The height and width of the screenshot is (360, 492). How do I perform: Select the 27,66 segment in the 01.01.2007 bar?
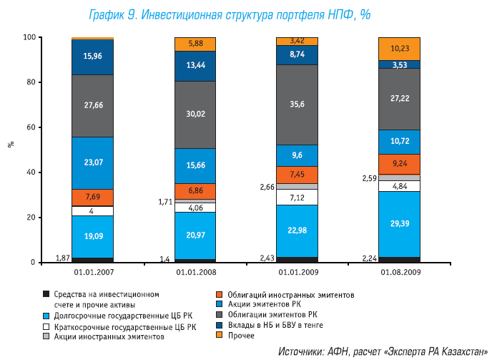93,105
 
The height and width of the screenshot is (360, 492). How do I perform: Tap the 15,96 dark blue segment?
93,57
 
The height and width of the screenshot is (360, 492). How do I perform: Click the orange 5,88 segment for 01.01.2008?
196,44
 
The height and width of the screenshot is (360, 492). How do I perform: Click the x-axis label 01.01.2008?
196,273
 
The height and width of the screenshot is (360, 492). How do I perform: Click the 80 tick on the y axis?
29,82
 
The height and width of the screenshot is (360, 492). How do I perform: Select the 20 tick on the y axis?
29,218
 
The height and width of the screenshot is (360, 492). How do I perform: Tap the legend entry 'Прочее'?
241,335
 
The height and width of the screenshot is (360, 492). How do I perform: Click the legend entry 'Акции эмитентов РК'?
264,304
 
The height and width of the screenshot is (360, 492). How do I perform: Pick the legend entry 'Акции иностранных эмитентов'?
109,335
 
